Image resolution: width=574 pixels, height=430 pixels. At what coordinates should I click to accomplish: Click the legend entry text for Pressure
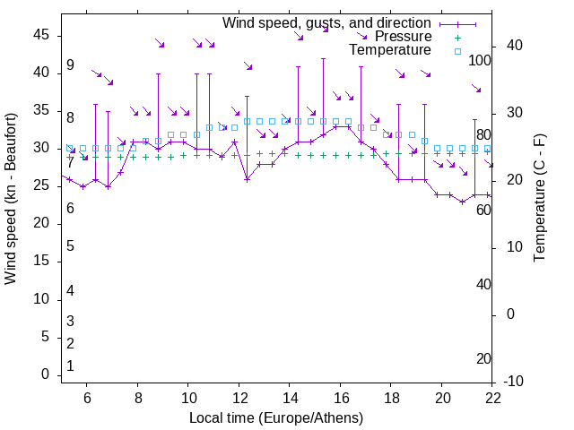[403, 37]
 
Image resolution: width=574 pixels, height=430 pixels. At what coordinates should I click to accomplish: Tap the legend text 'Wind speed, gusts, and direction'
[326, 22]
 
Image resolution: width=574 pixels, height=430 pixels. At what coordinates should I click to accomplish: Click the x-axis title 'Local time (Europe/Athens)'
[276, 418]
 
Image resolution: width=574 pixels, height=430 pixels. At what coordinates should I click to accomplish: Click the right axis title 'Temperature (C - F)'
[539, 197]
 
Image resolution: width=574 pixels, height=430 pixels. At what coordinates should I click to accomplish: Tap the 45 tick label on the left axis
[41, 34]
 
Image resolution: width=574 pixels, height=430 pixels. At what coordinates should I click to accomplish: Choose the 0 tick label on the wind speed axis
[45, 374]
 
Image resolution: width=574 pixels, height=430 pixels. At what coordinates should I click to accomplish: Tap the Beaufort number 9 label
[70, 65]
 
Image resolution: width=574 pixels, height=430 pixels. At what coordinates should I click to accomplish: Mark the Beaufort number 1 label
[70, 366]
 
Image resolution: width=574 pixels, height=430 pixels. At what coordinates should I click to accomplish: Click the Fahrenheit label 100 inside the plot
[480, 61]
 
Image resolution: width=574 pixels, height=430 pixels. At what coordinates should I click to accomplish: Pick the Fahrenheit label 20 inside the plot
[483, 359]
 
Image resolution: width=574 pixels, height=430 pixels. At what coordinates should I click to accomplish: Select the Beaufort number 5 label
[70, 246]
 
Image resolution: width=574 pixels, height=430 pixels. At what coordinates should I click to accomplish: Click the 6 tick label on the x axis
[87, 398]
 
